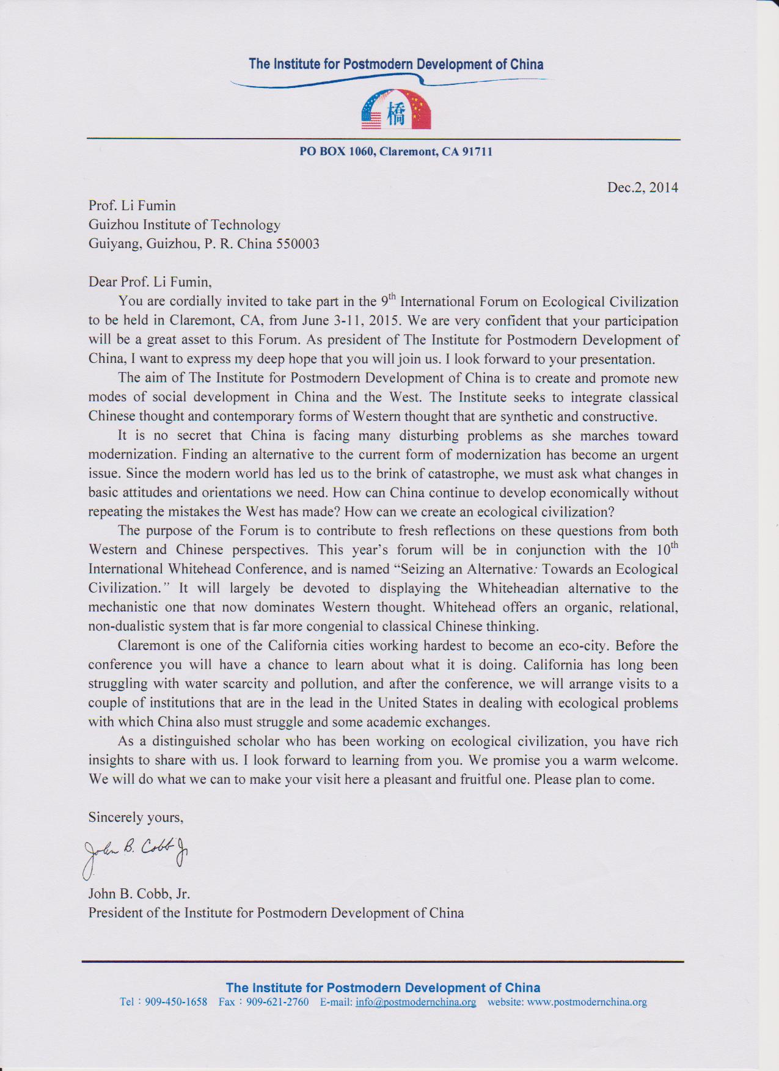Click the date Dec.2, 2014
[642, 188]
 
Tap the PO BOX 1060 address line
[395, 152]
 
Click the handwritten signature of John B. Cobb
[136, 851]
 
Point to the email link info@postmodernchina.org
[415, 1002]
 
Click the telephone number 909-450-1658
[176, 1002]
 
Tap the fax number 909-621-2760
[277, 1002]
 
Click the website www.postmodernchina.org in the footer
[587, 1002]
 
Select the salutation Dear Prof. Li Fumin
[150, 282]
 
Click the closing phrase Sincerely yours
[136, 817]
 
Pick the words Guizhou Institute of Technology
[184, 225]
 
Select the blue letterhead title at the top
[396, 65]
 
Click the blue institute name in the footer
[383, 987]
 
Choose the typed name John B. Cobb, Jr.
[139, 894]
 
